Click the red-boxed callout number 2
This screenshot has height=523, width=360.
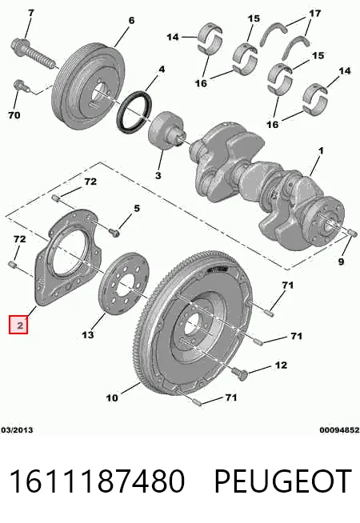click(18, 325)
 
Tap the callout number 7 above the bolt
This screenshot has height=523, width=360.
click(30, 13)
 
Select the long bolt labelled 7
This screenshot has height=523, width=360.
click(34, 54)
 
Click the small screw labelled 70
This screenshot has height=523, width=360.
click(20, 86)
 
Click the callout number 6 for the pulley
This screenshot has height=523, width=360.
click(131, 21)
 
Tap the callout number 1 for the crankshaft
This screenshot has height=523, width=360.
click(321, 151)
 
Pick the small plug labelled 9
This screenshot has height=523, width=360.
click(352, 233)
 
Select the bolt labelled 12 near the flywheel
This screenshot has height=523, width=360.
click(241, 373)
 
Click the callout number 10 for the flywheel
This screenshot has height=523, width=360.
click(112, 397)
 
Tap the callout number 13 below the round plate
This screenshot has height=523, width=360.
click(88, 334)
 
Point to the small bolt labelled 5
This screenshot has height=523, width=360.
click(114, 232)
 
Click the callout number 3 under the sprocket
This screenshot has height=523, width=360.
click(158, 175)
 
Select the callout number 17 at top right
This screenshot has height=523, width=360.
click(314, 14)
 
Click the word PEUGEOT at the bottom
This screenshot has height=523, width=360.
click(282, 481)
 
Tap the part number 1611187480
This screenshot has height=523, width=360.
click(98, 481)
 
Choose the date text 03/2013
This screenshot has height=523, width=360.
click(17, 430)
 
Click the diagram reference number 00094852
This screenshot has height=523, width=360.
click(339, 430)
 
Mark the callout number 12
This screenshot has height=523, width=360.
click(281, 365)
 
